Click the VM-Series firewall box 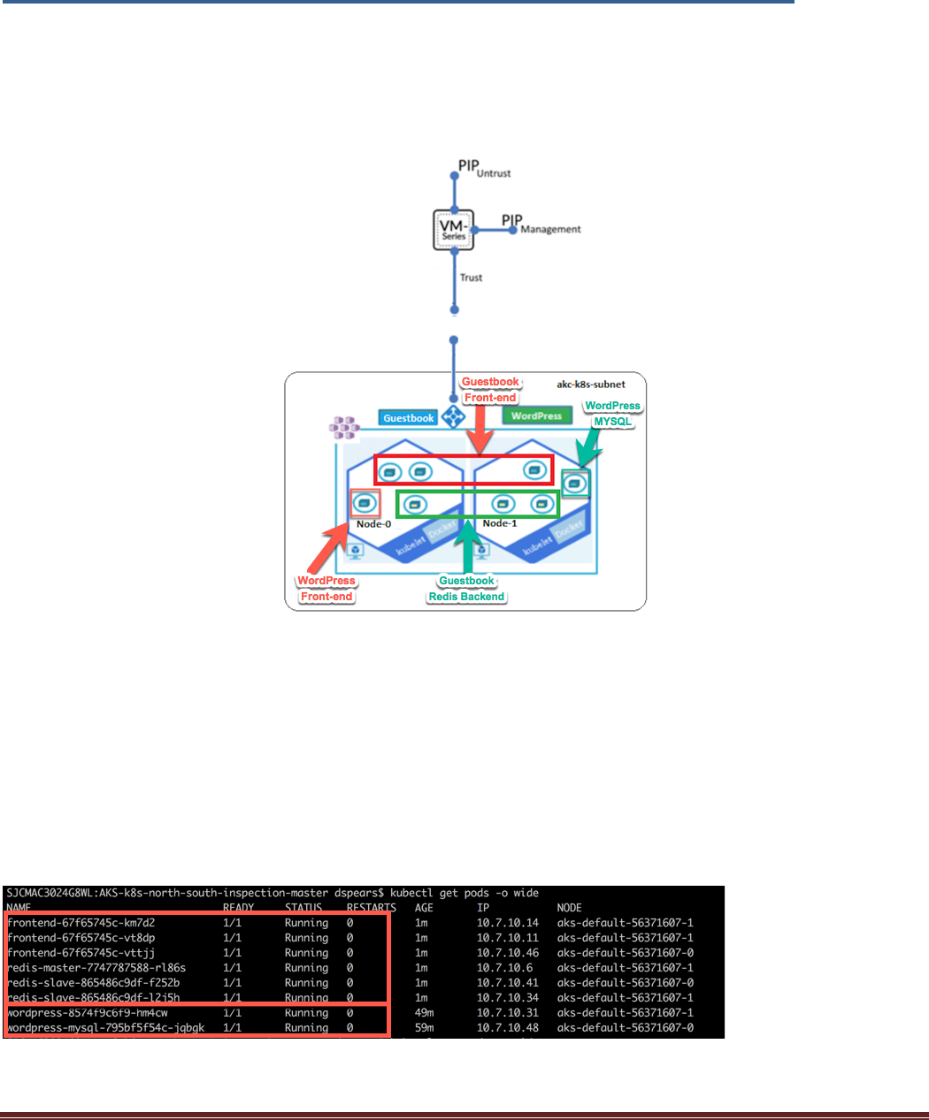pos(454,230)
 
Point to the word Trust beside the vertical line pos(471,278)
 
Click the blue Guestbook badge pos(409,417)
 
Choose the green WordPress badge pos(536,415)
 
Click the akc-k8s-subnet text pos(591,385)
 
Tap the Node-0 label pos(374,524)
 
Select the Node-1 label pos(500,523)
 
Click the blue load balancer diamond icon pos(454,416)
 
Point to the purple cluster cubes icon pos(344,429)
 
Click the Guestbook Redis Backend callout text pos(466,589)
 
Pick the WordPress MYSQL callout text pos(612,414)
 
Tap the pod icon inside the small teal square pos(575,484)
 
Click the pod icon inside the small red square pos(365,503)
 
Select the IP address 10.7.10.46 pos(508,953)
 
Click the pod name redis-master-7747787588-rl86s pos(96,968)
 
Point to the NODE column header pos(569,908)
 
